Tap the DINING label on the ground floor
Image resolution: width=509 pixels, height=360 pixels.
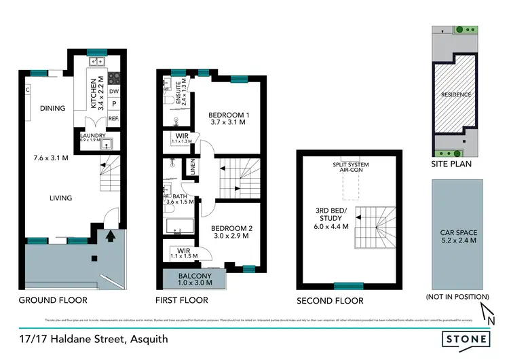(52, 108)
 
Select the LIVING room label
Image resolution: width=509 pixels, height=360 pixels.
(60, 198)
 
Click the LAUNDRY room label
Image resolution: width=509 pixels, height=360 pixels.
(92, 136)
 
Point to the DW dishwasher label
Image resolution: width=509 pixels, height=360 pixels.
(114, 91)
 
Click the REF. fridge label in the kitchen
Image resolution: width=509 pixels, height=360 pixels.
(113, 119)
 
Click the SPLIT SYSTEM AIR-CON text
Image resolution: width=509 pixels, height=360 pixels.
(350, 168)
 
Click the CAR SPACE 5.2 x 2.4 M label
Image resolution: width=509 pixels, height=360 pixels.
(458, 236)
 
